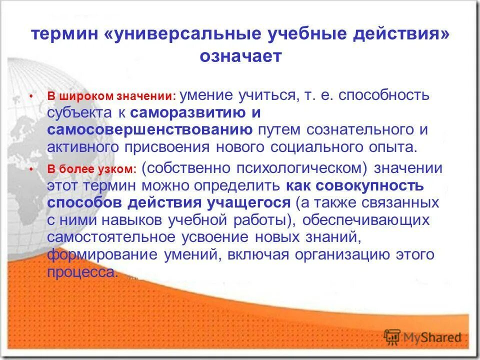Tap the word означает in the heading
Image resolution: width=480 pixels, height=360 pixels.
[x=240, y=56]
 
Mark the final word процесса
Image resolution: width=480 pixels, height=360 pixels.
[x=83, y=271]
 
